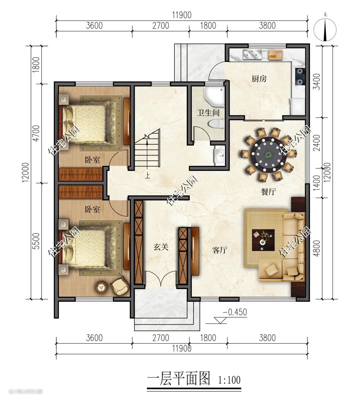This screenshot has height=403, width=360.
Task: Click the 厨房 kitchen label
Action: click(259, 79)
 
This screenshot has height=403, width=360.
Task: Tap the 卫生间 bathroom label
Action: click(208, 113)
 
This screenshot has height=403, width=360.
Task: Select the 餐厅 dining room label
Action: click(268, 192)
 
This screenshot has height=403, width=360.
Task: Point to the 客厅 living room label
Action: click(220, 250)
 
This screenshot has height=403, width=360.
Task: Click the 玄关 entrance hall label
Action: click(161, 247)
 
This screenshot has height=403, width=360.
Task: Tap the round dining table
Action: click(268, 154)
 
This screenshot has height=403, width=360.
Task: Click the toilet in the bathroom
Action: click(216, 124)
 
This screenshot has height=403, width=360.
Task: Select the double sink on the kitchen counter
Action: click(252, 54)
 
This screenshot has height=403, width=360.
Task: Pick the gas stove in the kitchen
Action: click(300, 76)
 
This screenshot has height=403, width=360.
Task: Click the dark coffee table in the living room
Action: click(263, 240)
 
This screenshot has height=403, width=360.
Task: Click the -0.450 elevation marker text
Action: click(235, 312)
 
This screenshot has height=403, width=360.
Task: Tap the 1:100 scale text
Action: click(229, 380)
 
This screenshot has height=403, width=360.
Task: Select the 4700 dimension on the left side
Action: click(37, 133)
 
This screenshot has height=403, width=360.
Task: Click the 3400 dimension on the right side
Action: click(317, 82)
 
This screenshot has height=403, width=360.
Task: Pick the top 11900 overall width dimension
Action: click(182, 15)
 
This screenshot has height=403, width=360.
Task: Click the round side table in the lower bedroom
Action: click(101, 287)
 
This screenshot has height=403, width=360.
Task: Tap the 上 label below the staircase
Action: click(147, 176)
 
